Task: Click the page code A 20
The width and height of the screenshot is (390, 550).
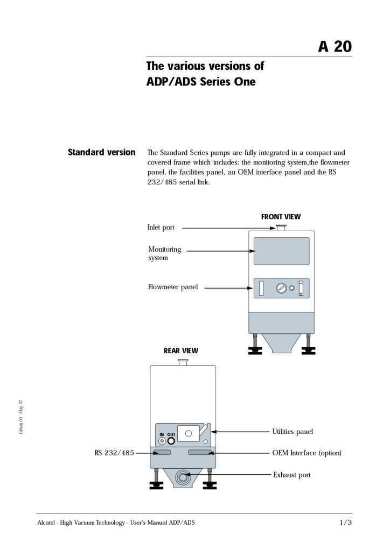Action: click(335, 47)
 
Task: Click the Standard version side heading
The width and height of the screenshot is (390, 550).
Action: click(102, 152)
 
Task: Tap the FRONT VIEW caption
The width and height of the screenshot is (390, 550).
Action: click(281, 217)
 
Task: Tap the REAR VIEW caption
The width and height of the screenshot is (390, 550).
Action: click(181, 351)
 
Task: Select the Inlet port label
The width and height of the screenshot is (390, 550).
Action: click(161, 227)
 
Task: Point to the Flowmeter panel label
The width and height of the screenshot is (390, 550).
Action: click(173, 287)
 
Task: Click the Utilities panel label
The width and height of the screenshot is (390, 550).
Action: click(292, 431)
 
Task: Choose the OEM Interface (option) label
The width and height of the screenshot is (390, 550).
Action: click(307, 453)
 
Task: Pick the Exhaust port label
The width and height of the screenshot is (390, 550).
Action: click(291, 475)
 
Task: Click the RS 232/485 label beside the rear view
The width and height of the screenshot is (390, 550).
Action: click(114, 453)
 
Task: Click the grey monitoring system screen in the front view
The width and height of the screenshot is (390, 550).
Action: click(281, 251)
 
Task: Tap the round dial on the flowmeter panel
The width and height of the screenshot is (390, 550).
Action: click(281, 288)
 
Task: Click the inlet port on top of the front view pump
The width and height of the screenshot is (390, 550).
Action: click(281, 228)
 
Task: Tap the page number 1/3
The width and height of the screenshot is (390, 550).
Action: click(345, 523)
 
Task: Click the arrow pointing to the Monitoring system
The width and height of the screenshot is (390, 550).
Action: click(219, 251)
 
